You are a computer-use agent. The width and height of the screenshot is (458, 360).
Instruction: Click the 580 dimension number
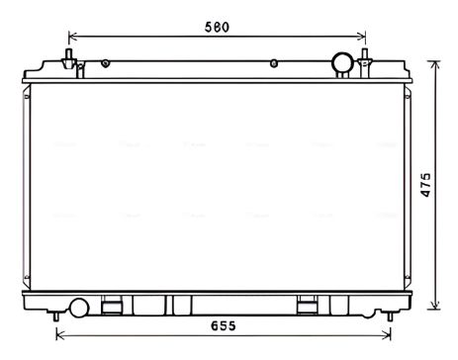click(217, 27)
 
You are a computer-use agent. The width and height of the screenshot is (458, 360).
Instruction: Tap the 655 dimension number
click(224, 326)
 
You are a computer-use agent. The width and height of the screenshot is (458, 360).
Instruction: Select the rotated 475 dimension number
click(425, 185)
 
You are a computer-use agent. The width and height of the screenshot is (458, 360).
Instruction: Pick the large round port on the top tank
click(342, 62)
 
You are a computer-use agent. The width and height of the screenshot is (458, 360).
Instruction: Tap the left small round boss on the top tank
click(105, 63)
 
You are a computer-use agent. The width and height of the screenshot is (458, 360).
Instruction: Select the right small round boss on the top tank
click(274, 63)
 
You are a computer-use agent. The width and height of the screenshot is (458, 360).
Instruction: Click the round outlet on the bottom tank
click(79, 308)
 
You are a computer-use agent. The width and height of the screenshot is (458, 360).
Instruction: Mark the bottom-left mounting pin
click(56, 315)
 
